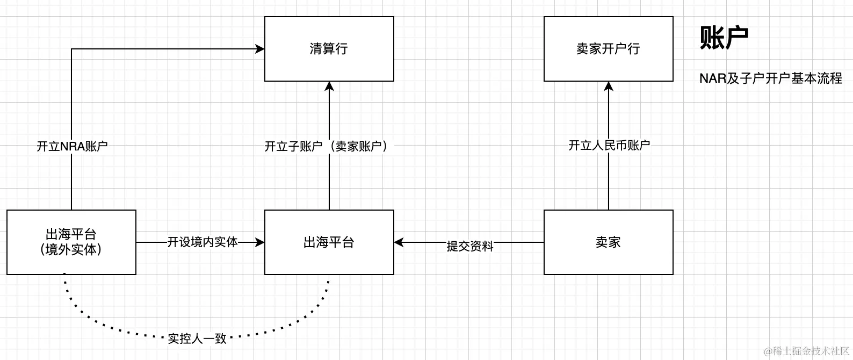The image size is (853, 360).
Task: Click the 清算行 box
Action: click(x=329, y=49)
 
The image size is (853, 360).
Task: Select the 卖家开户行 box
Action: click(x=608, y=49)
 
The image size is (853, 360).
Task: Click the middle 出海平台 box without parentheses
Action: click(x=329, y=242)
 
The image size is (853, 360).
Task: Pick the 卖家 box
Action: click(x=608, y=242)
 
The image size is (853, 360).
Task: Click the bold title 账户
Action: click(x=724, y=38)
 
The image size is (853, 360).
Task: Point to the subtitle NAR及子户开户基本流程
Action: click(x=770, y=78)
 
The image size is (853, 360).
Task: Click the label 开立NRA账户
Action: click(x=72, y=146)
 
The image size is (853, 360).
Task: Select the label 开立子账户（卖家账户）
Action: click(x=328, y=146)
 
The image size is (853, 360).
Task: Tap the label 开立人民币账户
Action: click(x=609, y=145)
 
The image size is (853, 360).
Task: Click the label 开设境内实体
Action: click(x=203, y=242)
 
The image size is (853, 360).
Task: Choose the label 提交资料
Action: click(x=469, y=246)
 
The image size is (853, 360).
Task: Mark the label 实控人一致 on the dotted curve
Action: click(x=197, y=339)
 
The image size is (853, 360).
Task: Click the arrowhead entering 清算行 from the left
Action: click(x=260, y=49)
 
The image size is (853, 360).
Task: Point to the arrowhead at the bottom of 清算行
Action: click(x=329, y=86)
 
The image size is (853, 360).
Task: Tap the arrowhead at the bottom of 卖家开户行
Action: click(x=609, y=86)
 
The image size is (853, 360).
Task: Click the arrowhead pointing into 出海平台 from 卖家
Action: click(x=399, y=242)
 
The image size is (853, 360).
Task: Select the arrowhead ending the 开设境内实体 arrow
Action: click(x=260, y=242)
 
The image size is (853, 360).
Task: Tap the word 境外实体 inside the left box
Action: click(x=71, y=250)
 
